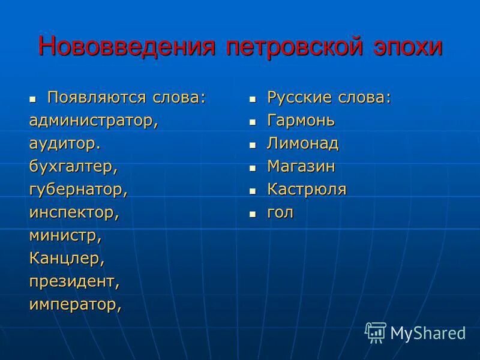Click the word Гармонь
tap(301, 121)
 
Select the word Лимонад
tap(303, 144)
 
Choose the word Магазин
tap(301, 167)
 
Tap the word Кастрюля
tap(307, 190)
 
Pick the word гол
tap(280, 212)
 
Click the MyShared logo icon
tap(376, 332)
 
